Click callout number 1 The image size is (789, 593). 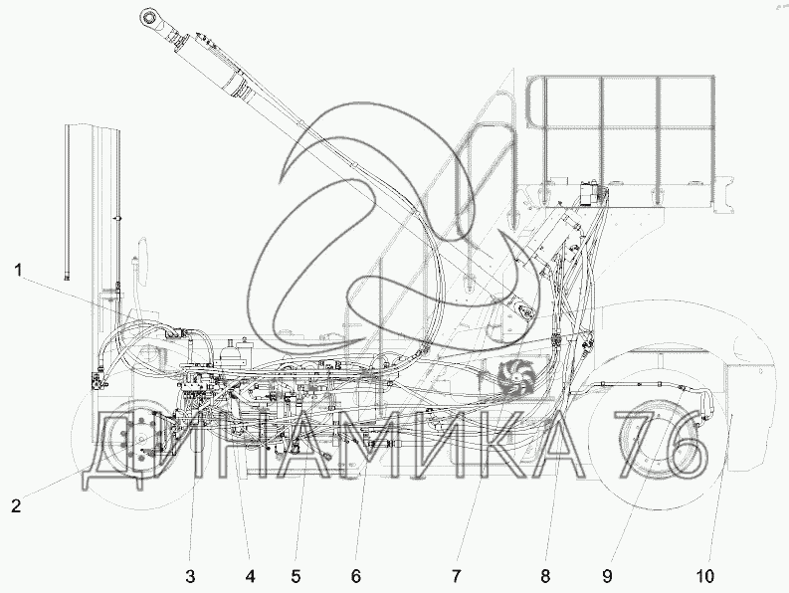(18, 271)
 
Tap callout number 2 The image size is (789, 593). (17, 505)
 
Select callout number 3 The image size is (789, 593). (190, 576)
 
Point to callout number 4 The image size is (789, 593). (251, 576)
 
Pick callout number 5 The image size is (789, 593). (296, 576)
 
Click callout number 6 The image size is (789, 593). (356, 576)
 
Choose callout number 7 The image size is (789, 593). (457, 576)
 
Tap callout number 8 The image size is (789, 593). (546, 576)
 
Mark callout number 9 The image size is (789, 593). (607, 576)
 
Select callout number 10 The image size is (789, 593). (705, 576)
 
